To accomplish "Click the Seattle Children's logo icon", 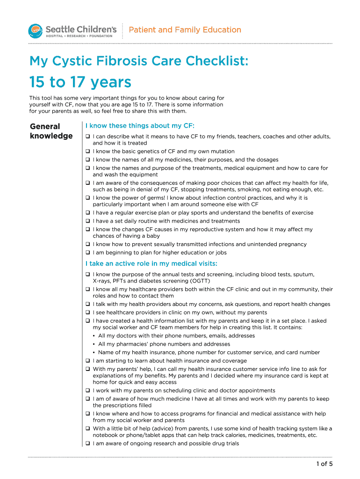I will coord(36,31).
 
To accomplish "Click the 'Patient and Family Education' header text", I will coord(185,30).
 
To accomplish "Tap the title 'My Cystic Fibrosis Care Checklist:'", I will coord(139,61).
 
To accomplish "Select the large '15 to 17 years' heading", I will coord(80,83).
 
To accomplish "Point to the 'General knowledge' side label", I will coord(51,131).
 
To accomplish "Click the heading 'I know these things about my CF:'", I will coord(139,126).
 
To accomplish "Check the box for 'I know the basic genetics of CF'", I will coord(87,152).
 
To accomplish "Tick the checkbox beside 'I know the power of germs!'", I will coord(87,198).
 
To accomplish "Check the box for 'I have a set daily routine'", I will coord(87,221).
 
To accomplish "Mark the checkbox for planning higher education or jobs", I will coord(87,253).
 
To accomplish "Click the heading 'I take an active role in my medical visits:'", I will coord(151,264).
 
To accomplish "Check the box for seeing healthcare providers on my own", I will coord(87,312).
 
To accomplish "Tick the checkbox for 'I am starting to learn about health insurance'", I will coord(87,361).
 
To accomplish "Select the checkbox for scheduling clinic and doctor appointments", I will coord(87,391).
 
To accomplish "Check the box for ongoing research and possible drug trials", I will coord(87,443).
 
